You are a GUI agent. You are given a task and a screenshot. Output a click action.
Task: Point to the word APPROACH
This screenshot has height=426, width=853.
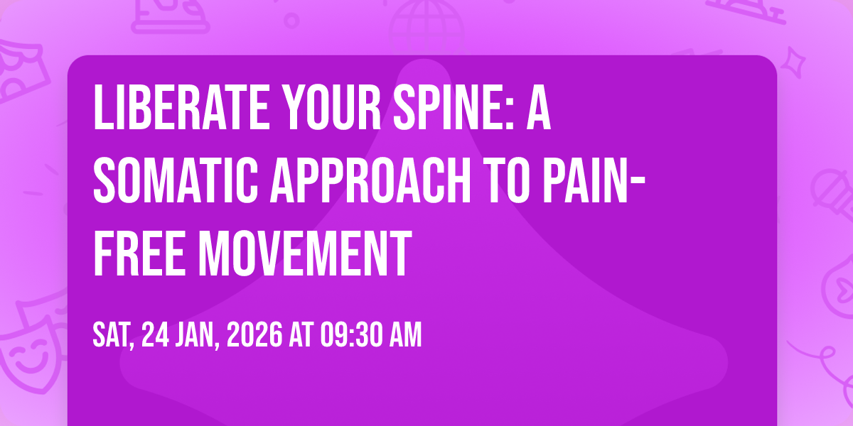pos(370,180)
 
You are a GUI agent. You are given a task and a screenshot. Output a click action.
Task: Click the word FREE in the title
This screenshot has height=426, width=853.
pos(139,253)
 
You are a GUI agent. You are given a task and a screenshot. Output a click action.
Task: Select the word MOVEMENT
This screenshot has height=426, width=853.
pos(306,253)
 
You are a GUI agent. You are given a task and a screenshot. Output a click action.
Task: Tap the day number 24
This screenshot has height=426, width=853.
pos(155,334)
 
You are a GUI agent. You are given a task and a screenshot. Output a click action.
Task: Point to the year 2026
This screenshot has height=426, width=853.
pos(254,334)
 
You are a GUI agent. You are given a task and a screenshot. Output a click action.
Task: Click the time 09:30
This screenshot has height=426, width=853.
pos(350,334)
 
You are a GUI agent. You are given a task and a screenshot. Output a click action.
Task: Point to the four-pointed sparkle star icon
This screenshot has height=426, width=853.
pos(793,62)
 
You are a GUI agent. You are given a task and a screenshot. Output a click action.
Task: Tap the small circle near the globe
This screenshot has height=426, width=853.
pos(291,21)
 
